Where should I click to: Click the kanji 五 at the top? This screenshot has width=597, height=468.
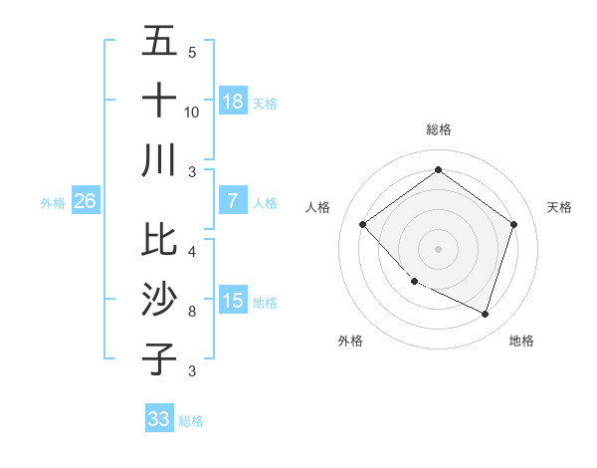[x=159, y=42]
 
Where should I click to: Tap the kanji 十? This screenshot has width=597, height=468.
[x=159, y=100]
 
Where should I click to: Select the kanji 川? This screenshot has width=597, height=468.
[x=159, y=159]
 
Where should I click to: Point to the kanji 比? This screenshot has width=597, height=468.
[x=159, y=239]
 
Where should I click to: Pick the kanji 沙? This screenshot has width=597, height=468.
[x=159, y=299]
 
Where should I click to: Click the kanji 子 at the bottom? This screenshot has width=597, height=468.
[x=159, y=358]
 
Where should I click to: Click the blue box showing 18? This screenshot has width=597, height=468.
[x=233, y=102]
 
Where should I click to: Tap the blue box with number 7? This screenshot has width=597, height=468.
[x=233, y=201]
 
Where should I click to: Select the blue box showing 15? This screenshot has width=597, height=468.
[x=233, y=301]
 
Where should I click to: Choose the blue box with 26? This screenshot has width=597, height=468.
[x=85, y=201]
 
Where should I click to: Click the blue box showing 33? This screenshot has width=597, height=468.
[x=159, y=419]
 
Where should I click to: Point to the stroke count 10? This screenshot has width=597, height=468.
[x=192, y=112]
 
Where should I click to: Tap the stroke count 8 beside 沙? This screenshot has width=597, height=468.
[x=192, y=312]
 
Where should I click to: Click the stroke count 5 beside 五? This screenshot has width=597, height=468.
[x=192, y=53]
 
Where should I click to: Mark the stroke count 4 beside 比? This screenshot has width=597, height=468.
[x=192, y=251]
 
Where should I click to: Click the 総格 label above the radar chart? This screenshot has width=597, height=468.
[x=438, y=129]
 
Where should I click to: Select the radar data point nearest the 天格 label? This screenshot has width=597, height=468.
[x=513, y=224]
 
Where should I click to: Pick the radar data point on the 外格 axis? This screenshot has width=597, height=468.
[x=414, y=282]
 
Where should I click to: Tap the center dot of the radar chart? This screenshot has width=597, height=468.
[x=438, y=248]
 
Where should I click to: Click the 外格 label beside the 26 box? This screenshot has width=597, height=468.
[x=53, y=203]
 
